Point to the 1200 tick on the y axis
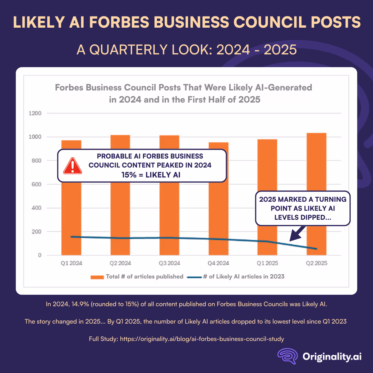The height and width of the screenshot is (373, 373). [35, 113]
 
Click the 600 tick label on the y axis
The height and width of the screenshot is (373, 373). [35, 184]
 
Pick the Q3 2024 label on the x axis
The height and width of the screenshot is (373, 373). [169, 263]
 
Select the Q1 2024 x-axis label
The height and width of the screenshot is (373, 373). [71, 263]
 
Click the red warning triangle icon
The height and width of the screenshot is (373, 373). [72, 166]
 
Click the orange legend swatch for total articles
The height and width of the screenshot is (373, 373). [97, 277]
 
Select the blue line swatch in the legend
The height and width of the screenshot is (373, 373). [194, 277]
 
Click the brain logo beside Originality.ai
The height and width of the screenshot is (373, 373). [288, 356]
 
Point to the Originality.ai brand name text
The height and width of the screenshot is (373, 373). [332, 357]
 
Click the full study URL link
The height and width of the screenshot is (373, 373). [202, 339]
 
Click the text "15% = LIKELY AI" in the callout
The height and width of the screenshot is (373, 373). [151, 175]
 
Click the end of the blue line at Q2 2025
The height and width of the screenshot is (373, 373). [316, 249]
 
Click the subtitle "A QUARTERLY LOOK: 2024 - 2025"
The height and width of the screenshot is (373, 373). [186, 50]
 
